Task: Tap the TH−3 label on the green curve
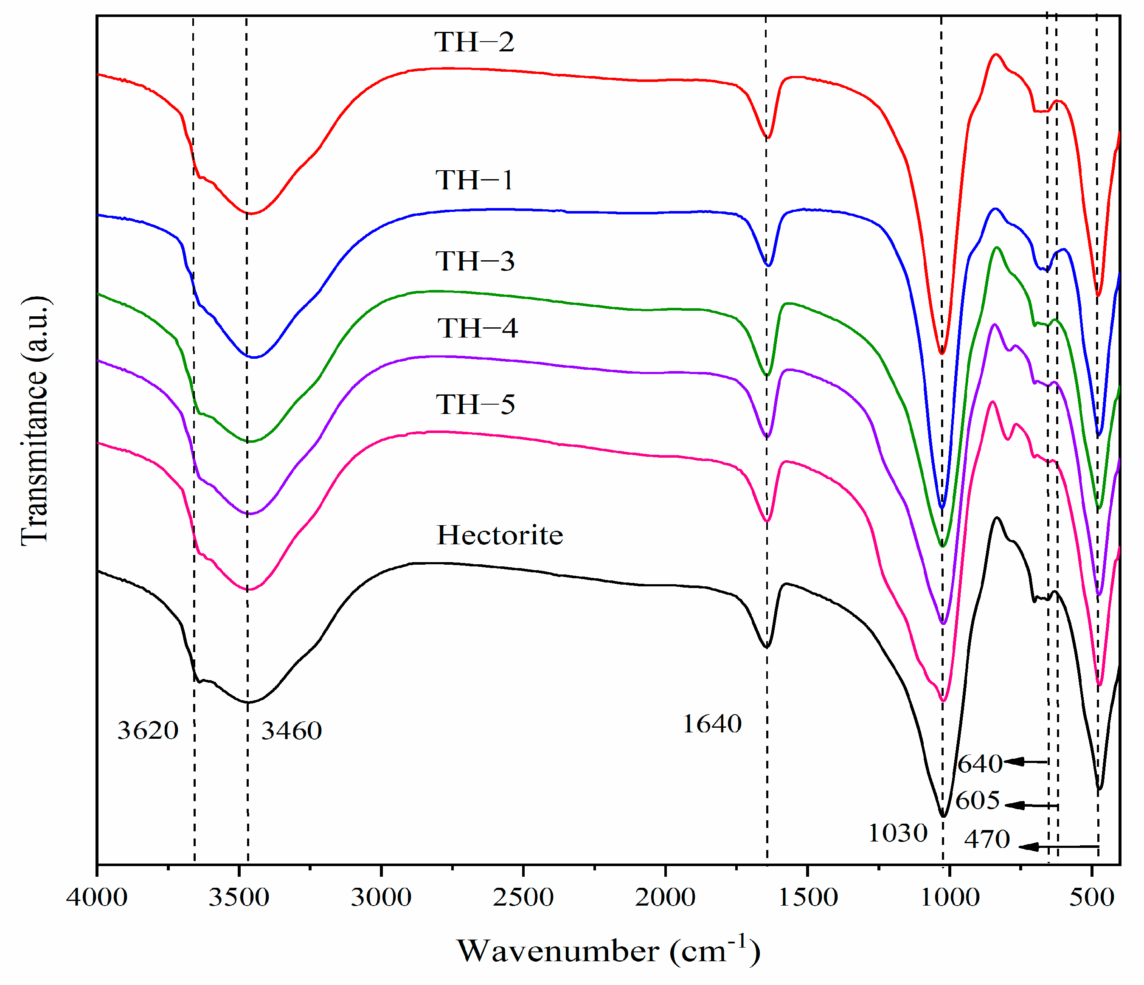pos(475,261)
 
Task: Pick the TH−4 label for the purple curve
pos(478,329)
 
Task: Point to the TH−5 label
pos(475,405)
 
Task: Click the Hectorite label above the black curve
pos(500,535)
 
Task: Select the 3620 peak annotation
pos(148,731)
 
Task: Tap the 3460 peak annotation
pos(292,732)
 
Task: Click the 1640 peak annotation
pos(712,724)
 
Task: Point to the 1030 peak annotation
pos(898,833)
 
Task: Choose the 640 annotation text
pos(980,764)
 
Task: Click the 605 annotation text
pos(978,801)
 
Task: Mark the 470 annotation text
pos(987,840)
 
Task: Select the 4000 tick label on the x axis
pos(97,897)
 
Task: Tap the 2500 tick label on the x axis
pos(523,897)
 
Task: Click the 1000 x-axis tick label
pos(950,897)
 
